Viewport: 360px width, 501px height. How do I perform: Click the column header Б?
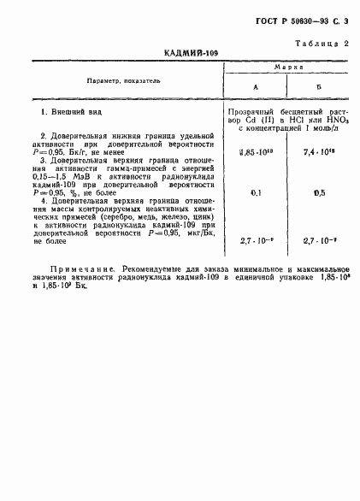click(319, 87)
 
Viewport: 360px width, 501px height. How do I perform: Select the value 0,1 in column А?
click(254, 193)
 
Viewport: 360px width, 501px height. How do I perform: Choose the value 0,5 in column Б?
click(319, 193)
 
